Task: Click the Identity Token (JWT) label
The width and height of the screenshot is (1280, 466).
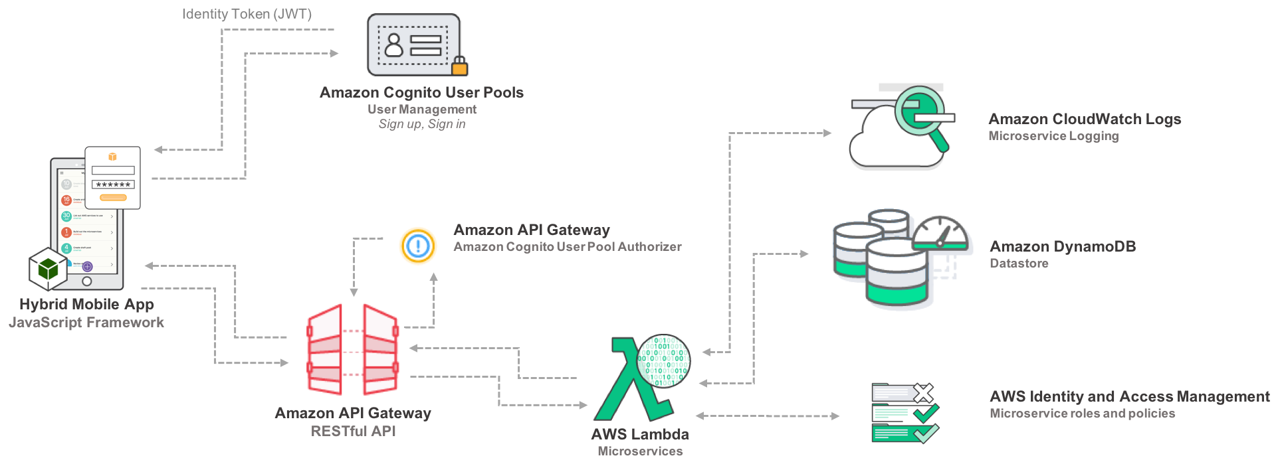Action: pos(247,14)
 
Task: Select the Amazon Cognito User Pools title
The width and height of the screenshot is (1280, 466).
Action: pos(421,92)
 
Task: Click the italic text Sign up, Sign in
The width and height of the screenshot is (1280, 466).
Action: pos(422,124)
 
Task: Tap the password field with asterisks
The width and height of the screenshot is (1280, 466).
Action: pos(113,185)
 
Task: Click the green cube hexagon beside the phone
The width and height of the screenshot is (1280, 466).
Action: pos(48,269)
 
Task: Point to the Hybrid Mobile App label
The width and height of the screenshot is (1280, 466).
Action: pos(86,304)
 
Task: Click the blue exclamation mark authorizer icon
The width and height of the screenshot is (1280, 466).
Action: pos(417,246)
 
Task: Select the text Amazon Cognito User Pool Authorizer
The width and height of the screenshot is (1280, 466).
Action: pos(567,247)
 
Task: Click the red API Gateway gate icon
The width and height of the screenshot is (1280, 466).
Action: pos(353,348)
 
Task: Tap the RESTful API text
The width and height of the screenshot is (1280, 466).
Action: pos(353,431)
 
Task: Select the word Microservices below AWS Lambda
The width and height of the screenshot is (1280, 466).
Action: pos(640,451)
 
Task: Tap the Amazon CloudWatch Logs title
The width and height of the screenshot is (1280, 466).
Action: pos(1084,119)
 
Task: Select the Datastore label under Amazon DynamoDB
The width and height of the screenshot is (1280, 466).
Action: pos(1019,264)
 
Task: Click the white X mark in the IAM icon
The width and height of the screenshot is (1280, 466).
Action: pos(922,393)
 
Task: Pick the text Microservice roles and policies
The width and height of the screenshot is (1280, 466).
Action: pos(1082,414)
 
